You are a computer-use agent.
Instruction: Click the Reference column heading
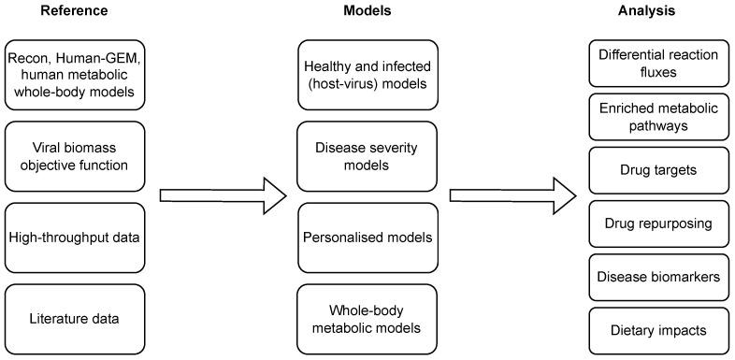pos(73,11)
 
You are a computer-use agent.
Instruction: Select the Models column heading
pos(367,11)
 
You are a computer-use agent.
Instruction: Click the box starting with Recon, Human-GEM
pos(73,74)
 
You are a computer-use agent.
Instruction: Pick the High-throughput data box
pos(73,237)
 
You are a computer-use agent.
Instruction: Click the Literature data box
pos(73,318)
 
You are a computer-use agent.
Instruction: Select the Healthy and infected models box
pos(367,74)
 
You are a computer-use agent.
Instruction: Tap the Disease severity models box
pos(367,155)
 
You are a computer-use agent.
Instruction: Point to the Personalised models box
pos(367,237)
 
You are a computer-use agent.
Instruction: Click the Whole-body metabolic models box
pos(367,318)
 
